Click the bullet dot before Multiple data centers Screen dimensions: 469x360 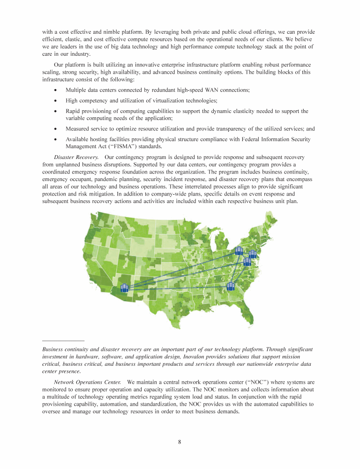click(x=56, y=90)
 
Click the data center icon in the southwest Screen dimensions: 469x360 click(x=124, y=287)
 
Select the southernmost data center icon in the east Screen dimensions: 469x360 click(x=230, y=286)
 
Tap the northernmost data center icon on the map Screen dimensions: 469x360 click(x=239, y=251)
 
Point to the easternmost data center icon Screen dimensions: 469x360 click(x=253, y=254)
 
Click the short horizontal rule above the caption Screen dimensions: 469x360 click(x=63, y=340)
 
